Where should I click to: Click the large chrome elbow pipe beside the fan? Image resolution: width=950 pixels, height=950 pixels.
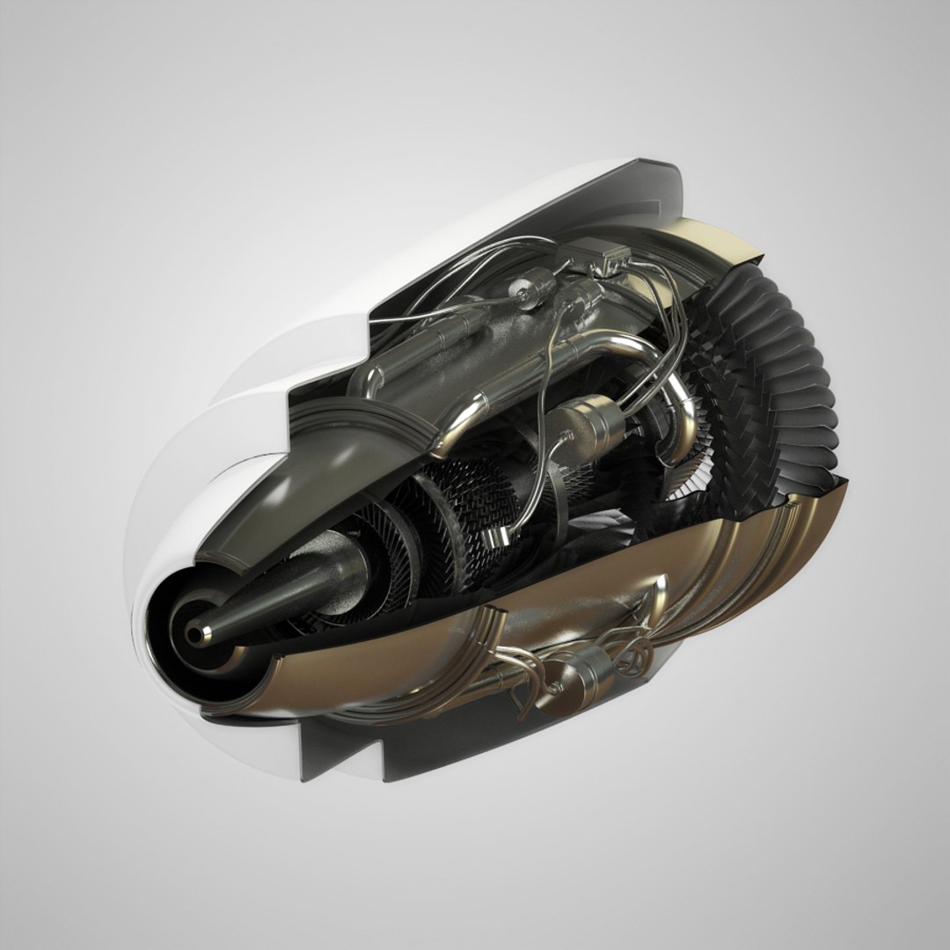click(x=677, y=413)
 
